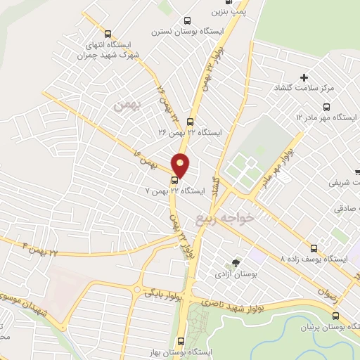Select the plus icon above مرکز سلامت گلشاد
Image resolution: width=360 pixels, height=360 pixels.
(304, 77)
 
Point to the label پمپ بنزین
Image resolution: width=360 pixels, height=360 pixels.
(229, 12)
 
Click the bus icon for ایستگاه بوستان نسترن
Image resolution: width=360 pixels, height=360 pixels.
(186, 20)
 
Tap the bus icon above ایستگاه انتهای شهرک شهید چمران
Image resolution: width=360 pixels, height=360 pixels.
(107, 33)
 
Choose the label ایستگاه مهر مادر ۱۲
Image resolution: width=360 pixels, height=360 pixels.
(327, 116)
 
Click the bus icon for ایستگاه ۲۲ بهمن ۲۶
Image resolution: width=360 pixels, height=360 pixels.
(190, 121)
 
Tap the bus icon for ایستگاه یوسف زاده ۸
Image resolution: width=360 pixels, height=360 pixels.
(314, 248)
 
